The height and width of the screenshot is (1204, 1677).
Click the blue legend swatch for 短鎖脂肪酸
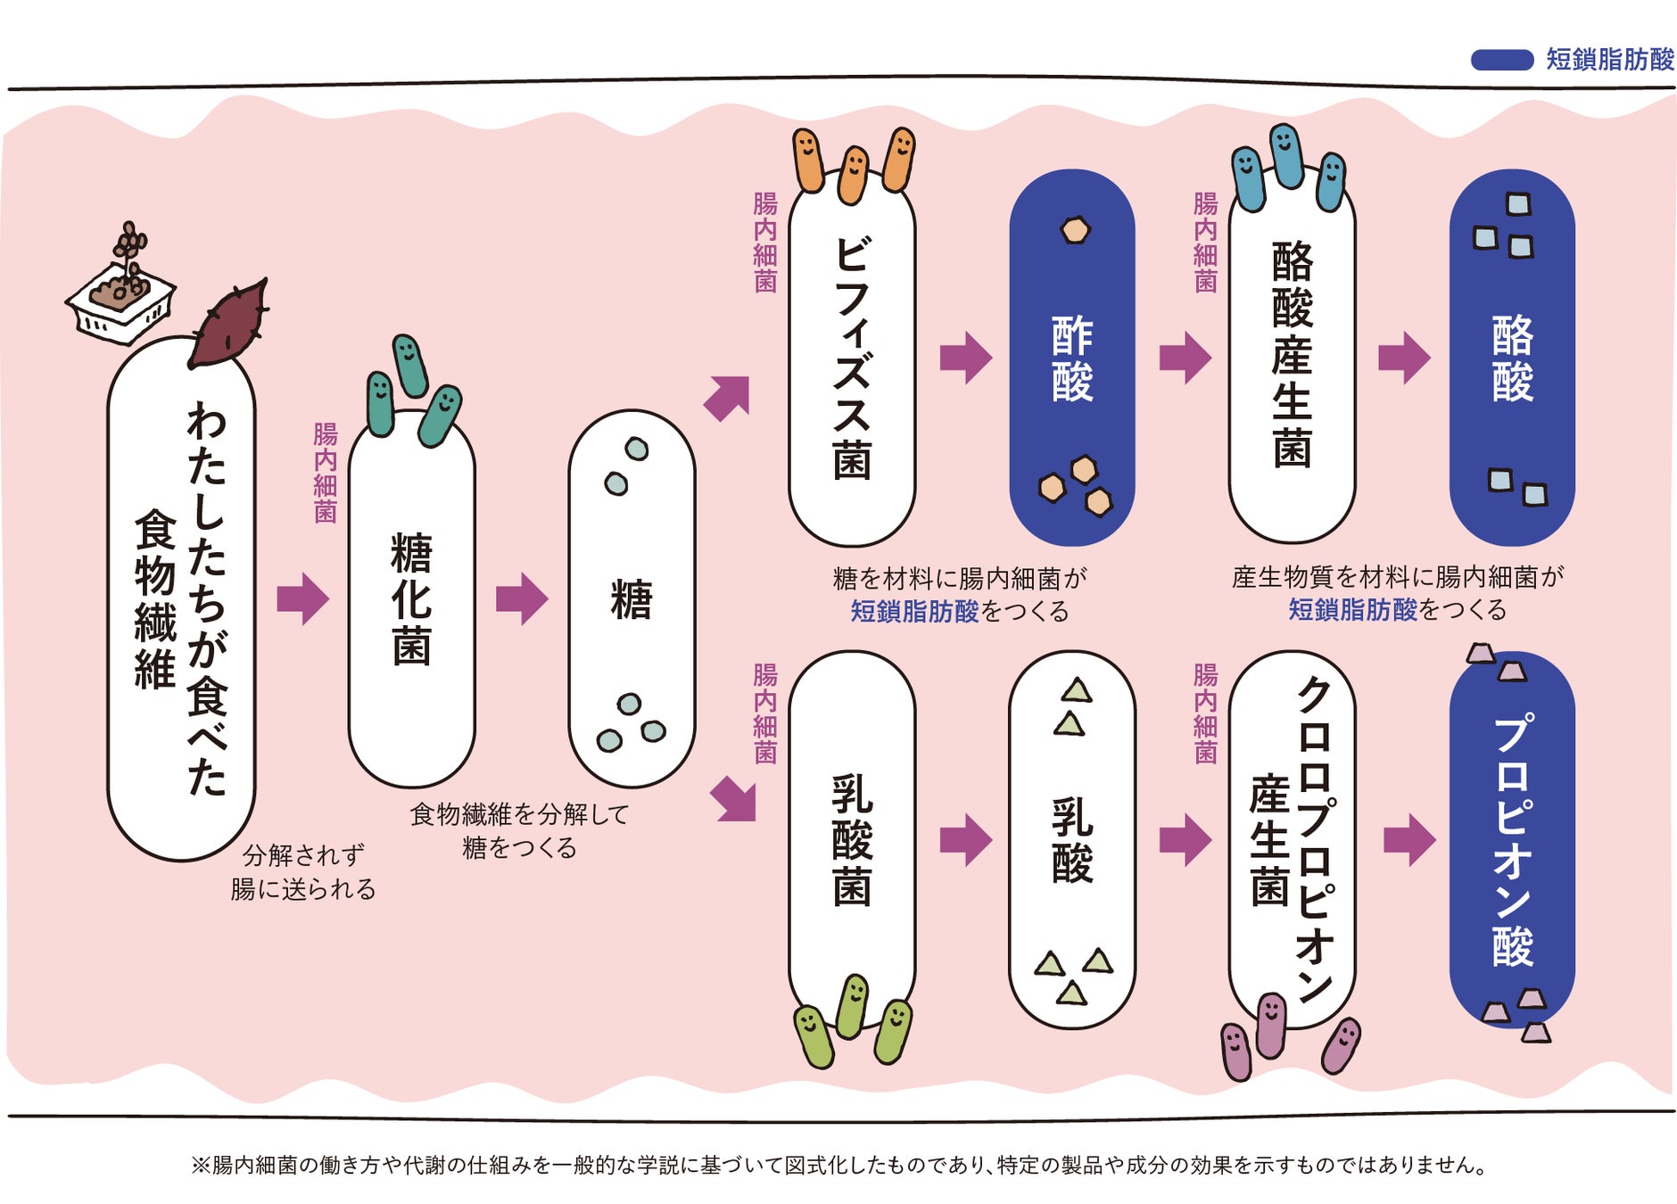coord(1501,60)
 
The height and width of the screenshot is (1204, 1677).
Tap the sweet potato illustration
coord(227,326)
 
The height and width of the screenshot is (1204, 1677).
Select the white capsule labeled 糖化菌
coord(411,598)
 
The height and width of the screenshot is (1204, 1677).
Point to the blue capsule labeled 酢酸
coord(1071,358)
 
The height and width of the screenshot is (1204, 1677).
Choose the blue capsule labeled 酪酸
coord(1511,358)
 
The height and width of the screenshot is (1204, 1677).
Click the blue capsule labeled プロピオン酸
coord(1511,838)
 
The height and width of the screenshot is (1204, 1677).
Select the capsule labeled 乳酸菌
coord(851,838)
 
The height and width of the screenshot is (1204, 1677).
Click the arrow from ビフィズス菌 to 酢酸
coord(965,358)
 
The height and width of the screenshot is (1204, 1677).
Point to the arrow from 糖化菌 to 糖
coord(522,598)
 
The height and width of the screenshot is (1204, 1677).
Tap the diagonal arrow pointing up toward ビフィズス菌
coord(728,398)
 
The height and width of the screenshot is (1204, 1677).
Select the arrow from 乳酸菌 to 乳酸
coord(965,839)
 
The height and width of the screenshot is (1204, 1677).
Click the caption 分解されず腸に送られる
coord(302,872)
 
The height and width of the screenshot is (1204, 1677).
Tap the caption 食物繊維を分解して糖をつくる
coord(519,830)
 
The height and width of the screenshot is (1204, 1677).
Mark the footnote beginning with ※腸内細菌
coord(838,1165)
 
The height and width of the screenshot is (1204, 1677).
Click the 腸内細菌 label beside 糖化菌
coord(325,473)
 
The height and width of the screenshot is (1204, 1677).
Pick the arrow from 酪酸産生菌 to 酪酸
coord(1404,358)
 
